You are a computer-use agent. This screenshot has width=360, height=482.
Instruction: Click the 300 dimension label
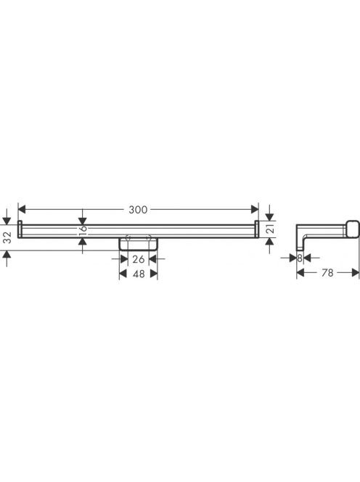pyautogui.click(x=138, y=210)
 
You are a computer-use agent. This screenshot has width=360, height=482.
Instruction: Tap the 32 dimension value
pyautogui.click(x=7, y=237)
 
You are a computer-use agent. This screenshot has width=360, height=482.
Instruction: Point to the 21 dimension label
pyautogui.click(x=269, y=229)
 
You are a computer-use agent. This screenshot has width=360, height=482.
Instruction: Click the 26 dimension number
pyautogui.click(x=139, y=259)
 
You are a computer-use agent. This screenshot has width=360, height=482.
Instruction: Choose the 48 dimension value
pyautogui.click(x=139, y=274)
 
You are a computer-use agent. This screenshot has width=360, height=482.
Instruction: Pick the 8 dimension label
pyautogui.click(x=300, y=258)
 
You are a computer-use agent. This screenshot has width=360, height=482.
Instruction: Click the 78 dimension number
pyautogui.click(x=327, y=273)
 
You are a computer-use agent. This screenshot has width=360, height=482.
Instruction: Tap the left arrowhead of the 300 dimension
pyautogui.click(x=22, y=210)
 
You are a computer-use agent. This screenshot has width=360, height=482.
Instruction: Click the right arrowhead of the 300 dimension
pyautogui.click(x=255, y=210)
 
